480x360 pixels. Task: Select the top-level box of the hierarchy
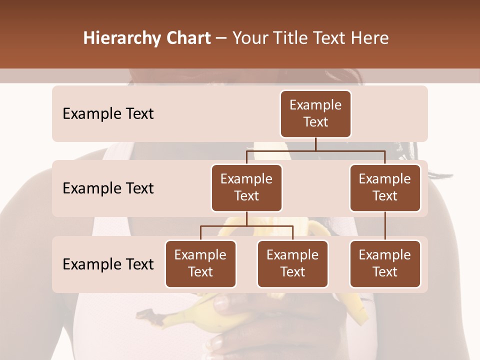coord(315,114)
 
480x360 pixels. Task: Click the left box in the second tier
coord(246,188)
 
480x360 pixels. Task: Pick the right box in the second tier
coord(385,188)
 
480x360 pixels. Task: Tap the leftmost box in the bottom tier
coord(200,264)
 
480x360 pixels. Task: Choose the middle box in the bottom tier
coord(292,264)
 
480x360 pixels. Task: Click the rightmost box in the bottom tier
coord(385,264)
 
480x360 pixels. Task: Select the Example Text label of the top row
coord(108,114)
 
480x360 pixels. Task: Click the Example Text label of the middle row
coord(108,188)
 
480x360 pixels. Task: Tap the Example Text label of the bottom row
coord(108,264)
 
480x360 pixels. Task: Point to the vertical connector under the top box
coord(315,144)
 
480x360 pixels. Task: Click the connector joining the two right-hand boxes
coord(385,226)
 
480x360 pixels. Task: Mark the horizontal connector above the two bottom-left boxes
coord(246,226)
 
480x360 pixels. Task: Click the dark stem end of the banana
coord(146,315)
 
